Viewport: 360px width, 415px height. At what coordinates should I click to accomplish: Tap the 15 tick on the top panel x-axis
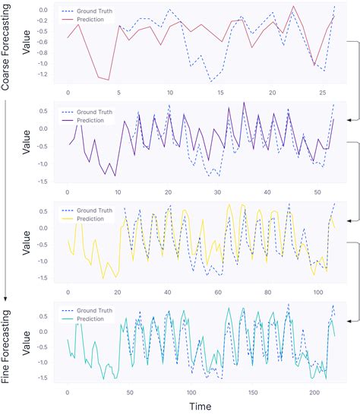tap(220, 93)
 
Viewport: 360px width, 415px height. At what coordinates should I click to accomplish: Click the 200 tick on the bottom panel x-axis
tap(314, 391)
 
